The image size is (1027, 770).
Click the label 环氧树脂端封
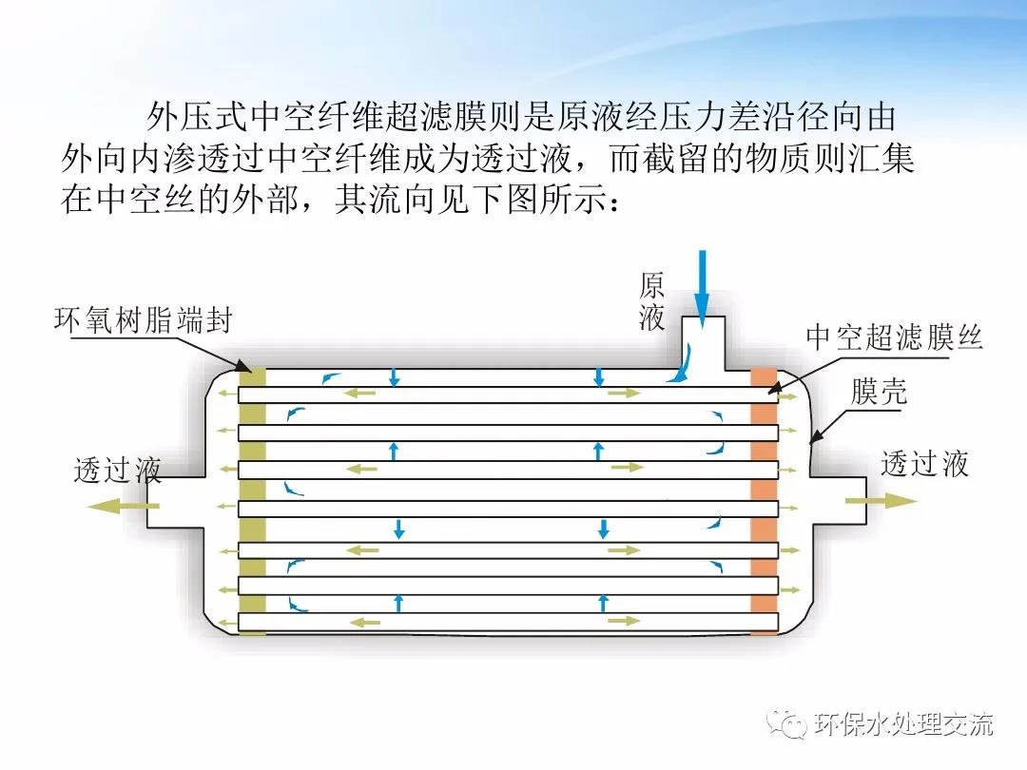click(x=143, y=320)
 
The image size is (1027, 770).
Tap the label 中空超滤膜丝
click(x=894, y=337)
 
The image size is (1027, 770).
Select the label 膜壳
click(x=880, y=392)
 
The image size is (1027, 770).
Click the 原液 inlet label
click(x=651, y=301)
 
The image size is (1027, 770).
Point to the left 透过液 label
click(x=117, y=470)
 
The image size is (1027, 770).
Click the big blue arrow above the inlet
click(x=702, y=285)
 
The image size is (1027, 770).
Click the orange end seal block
click(x=764, y=501)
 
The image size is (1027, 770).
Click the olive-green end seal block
click(x=252, y=501)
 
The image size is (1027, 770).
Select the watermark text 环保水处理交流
click(x=903, y=725)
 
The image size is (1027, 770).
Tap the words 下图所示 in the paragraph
click(x=535, y=201)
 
